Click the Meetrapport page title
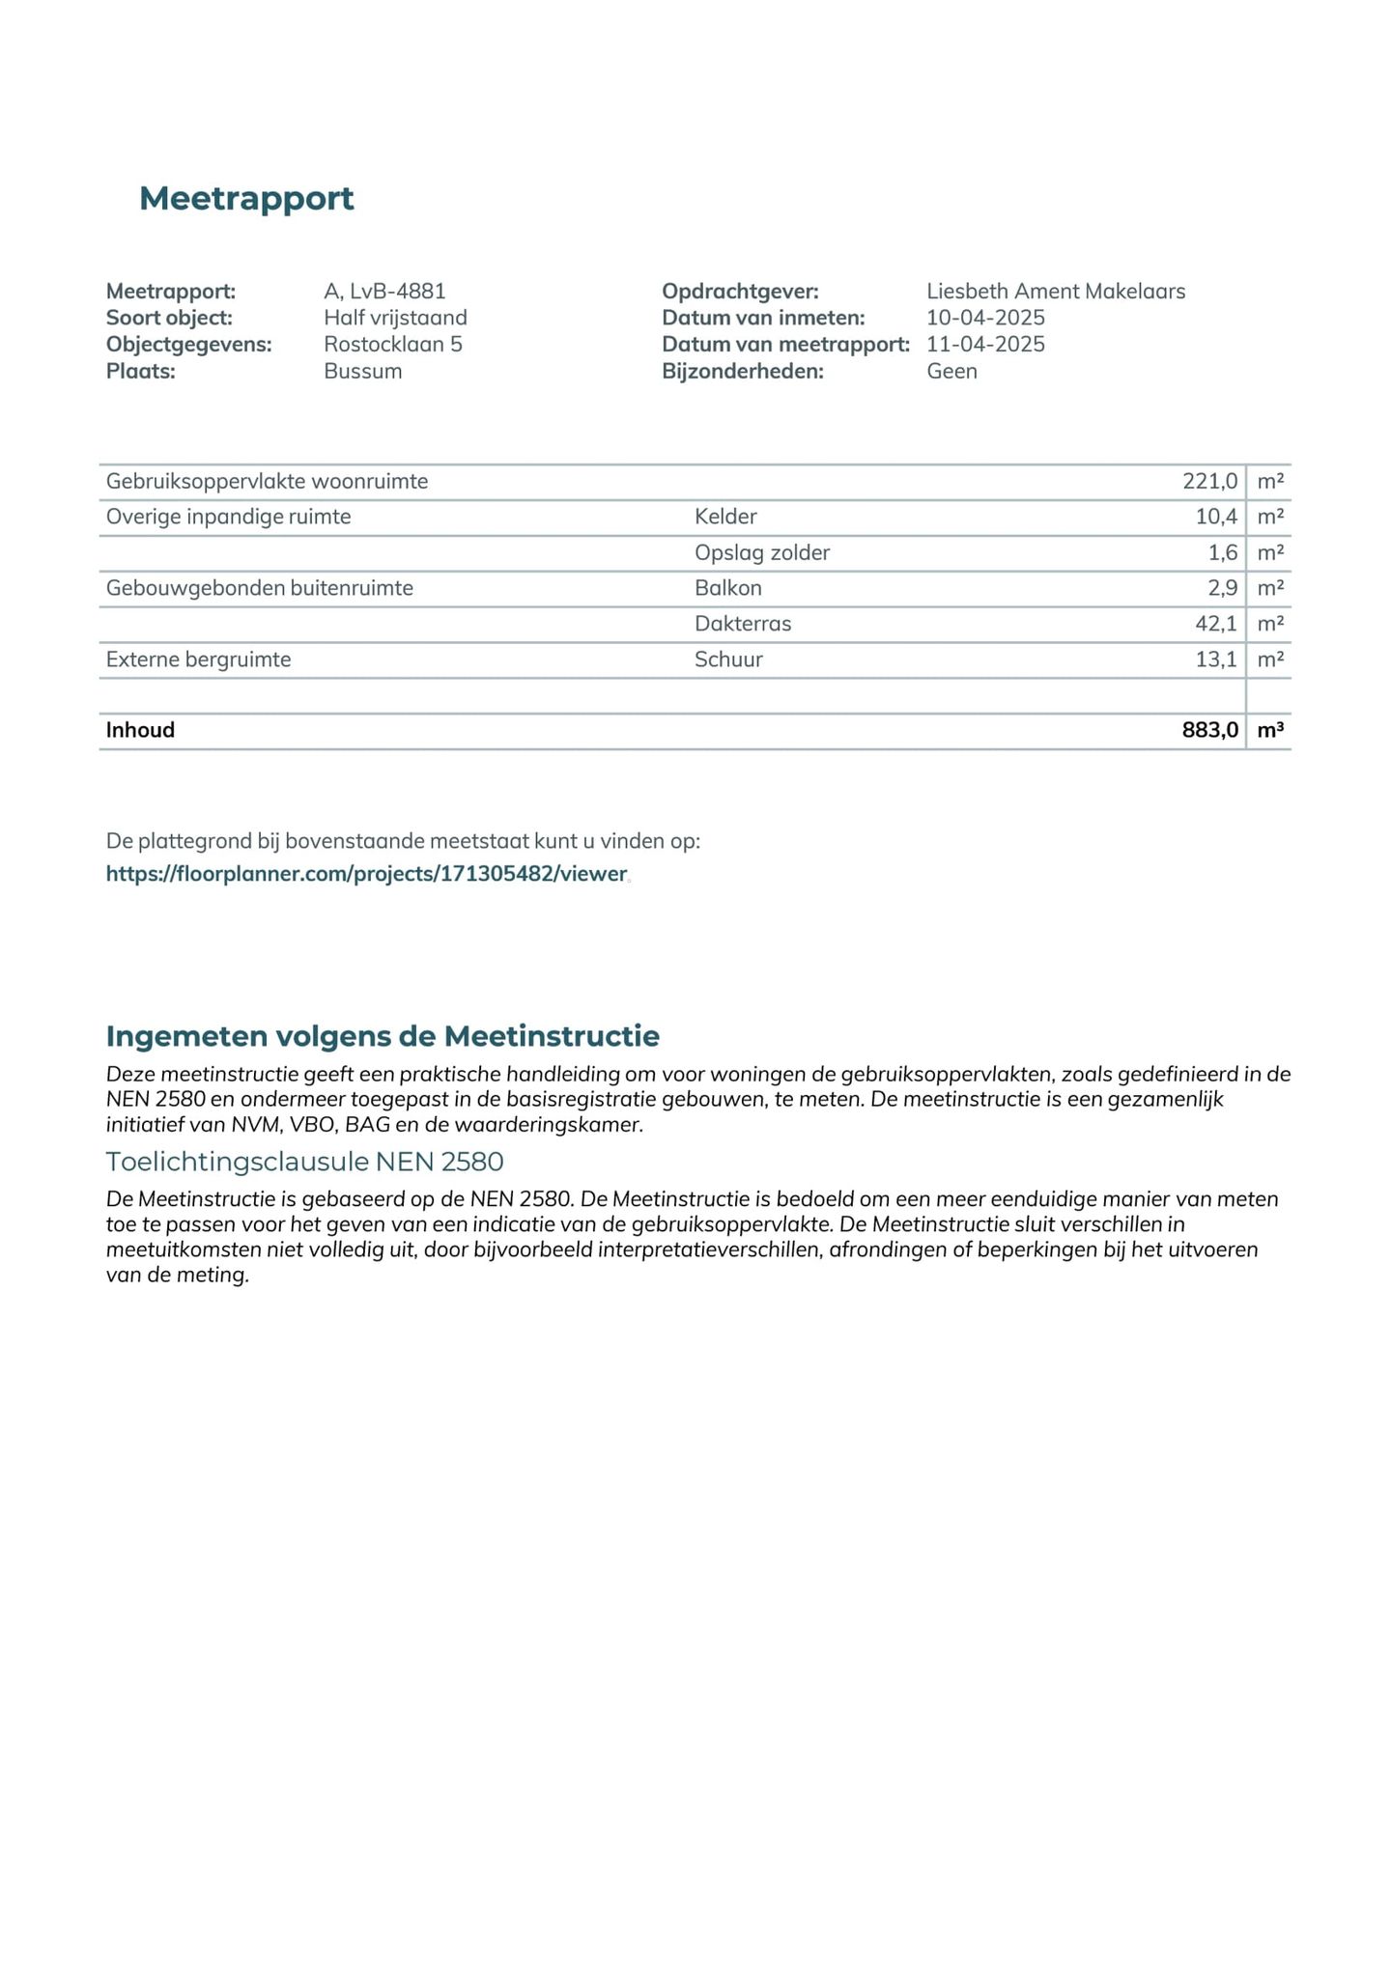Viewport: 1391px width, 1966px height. tap(246, 199)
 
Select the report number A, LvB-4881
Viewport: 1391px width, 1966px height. tap(384, 291)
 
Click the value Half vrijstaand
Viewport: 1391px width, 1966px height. tap(395, 318)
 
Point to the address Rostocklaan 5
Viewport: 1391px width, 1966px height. tap(392, 345)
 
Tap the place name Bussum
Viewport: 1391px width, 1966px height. tap(362, 372)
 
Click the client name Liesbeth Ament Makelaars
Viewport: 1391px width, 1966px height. tap(1055, 291)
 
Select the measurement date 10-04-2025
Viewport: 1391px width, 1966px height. tap(985, 318)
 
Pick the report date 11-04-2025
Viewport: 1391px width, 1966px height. tap(985, 345)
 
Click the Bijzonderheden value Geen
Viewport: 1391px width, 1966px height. tap(951, 372)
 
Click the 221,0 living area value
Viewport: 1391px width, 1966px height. tap(1209, 481)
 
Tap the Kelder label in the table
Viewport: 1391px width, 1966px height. tap(725, 517)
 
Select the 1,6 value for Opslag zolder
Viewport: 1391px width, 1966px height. tap(1222, 552)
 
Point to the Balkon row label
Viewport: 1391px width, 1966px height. tap(727, 588)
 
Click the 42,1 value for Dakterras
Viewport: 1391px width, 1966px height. tap(1215, 624)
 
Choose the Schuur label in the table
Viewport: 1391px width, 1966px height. tap(728, 660)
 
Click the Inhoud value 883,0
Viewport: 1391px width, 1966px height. tap(1209, 730)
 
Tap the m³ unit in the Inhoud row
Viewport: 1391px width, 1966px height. tap(1270, 730)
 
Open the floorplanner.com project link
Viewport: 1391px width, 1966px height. tap(366, 874)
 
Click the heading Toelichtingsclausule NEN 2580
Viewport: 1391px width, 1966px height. tap(304, 1161)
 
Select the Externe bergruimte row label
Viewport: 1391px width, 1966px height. tap(198, 660)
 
